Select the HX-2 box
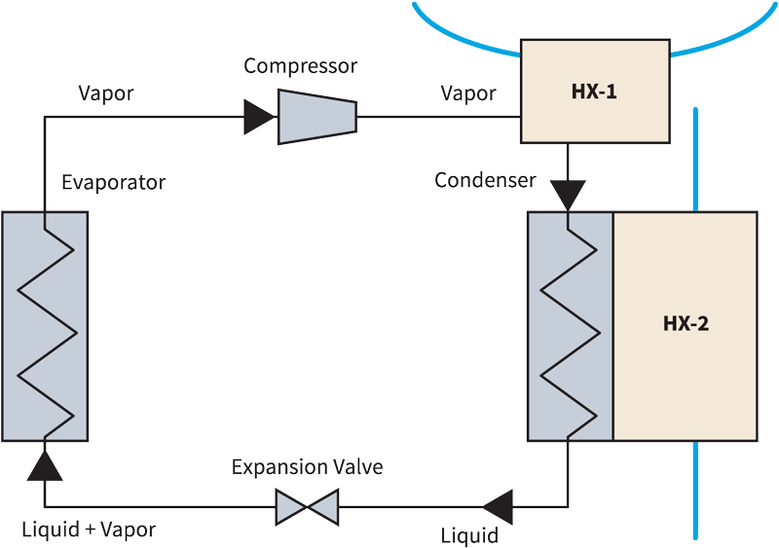tap(685, 324)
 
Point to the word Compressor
tap(301, 66)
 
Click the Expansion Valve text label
tap(308, 468)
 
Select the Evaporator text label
tap(114, 182)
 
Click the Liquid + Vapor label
tap(89, 530)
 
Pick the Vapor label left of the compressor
tap(105, 93)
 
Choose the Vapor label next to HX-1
tap(467, 93)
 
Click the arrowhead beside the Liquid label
tap(498, 506)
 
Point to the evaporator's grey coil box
tap(45, 325)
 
